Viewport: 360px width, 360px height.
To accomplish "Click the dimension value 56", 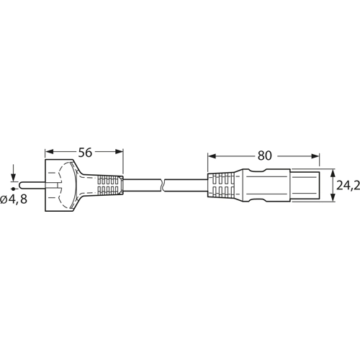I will [84, 152].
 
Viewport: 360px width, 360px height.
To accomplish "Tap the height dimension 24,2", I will [348, 186].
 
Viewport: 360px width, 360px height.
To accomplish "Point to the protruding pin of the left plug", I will [32, 185].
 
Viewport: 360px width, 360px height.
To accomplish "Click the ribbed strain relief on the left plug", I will [107, 185].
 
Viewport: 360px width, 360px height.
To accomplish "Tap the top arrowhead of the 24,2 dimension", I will [332, 174].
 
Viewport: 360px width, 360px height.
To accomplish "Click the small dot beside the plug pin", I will [13, 186].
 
